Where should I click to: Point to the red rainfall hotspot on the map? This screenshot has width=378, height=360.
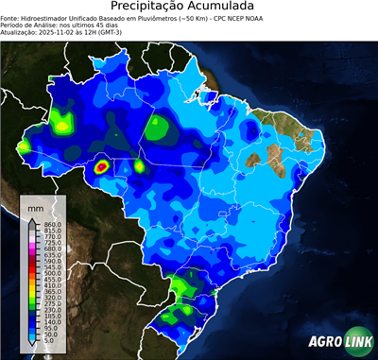point(103,167)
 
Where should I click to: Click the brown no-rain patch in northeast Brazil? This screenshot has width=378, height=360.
point(274,154)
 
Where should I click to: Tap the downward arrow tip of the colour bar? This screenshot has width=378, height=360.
point(31,344)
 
